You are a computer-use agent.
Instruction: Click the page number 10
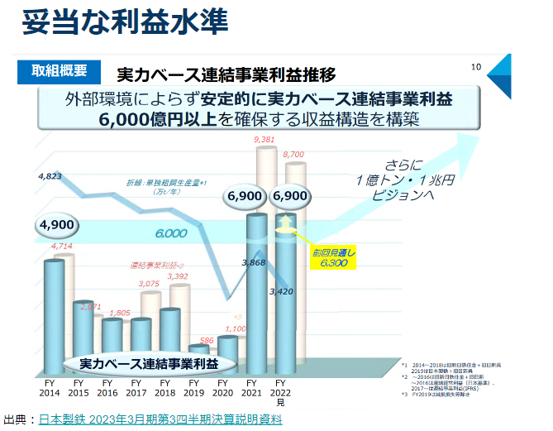476,67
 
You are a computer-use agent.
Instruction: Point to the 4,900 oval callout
57,225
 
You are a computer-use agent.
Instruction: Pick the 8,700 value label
294,154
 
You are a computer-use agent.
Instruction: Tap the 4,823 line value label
50,176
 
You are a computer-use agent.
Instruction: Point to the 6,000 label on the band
170,233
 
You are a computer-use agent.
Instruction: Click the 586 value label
207,340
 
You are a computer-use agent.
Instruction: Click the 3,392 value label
178,276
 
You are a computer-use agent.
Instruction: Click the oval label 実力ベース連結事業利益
149,364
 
